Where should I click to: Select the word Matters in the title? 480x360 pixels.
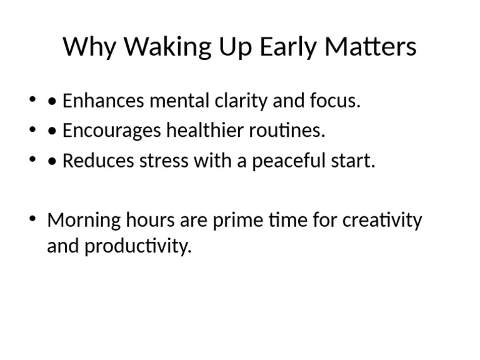[378, 47]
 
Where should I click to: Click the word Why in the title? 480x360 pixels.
[87, 47]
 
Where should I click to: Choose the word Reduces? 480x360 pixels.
[94, 161]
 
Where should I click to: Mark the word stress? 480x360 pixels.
[159, 161]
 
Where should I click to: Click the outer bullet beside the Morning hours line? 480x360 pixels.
[32, 219]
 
